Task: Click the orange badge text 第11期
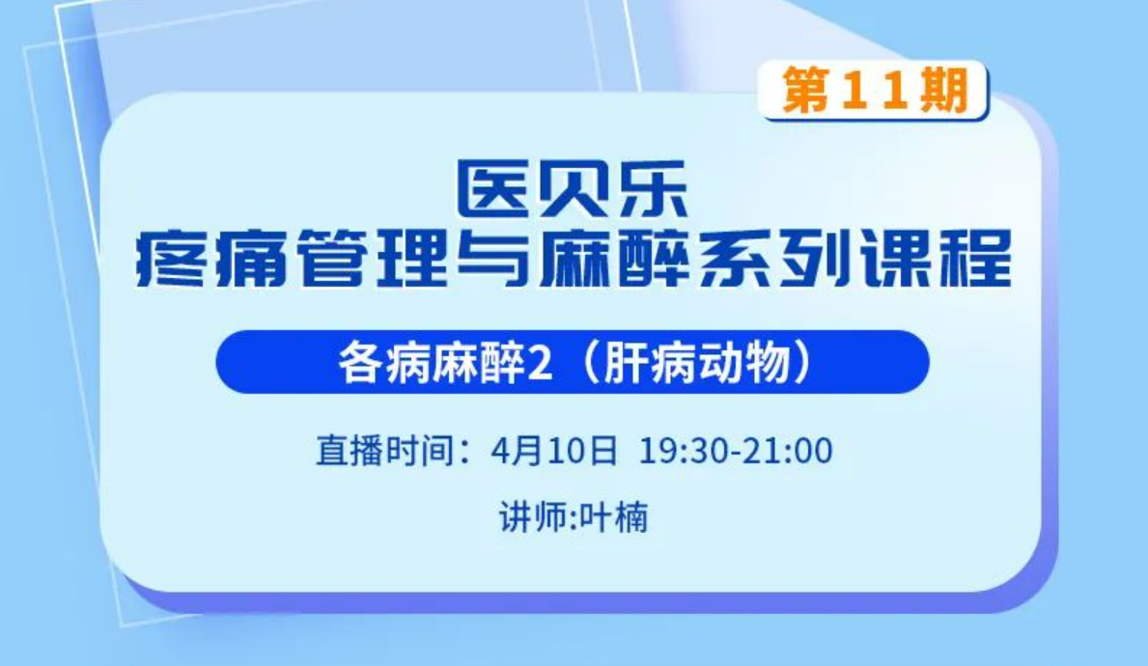point(875,90)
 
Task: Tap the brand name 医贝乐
point(572,189)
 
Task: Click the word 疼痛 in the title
point(210,258)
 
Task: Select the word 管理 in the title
point(374,258)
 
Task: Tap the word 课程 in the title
point(935,258)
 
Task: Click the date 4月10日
point(554,450)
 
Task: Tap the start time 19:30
point(686,450)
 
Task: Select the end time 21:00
point(788,450)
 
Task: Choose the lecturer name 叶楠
point(613,517)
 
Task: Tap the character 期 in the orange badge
point(945,90)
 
